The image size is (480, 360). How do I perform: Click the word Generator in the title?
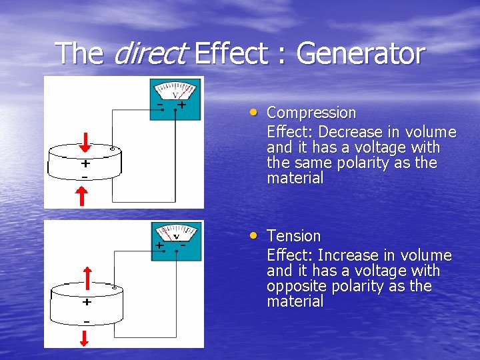[360, 53]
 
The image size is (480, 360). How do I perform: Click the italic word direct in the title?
[148, 53]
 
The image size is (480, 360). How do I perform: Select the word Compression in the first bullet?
[311, 113]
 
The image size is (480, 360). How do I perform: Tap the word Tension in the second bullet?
[293, 236]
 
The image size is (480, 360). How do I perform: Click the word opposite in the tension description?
[294, 286]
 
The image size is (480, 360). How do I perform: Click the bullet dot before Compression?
[255, 112]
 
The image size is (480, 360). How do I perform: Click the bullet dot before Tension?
[255, 235]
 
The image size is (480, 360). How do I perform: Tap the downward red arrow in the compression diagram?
[86, 142]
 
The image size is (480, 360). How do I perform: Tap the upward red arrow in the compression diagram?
[81, 196]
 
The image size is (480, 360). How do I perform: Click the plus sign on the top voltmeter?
[181, 105]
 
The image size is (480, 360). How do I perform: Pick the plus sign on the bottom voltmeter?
[159, 245]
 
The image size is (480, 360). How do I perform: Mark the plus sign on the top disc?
[85, 163]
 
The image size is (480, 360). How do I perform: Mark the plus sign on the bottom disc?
[87, 302]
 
